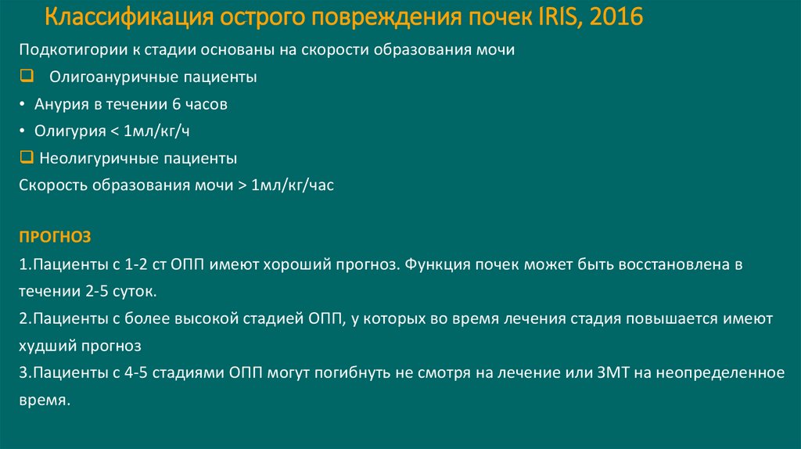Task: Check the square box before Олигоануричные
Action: (x=25, y=77)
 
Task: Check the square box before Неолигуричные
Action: (x=25, y=158)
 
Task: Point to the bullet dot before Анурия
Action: (x=23, y=104)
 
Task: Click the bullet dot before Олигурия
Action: (x=23, y=131)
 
